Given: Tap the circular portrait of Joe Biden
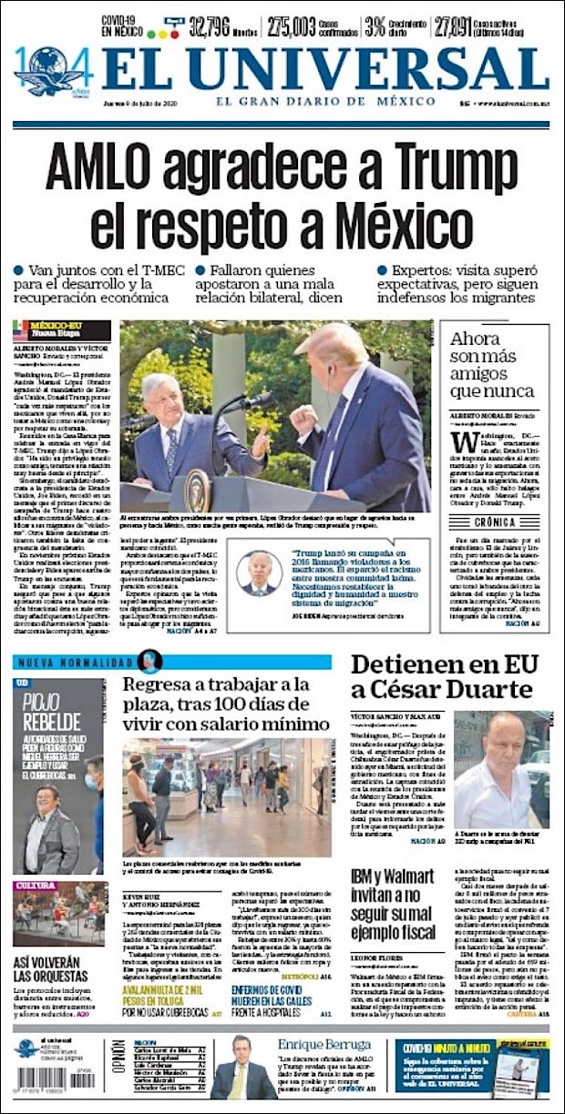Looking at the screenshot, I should (x=259, y=572).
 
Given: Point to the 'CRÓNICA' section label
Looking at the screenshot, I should (x=495, y=523).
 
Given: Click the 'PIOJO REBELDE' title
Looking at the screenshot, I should (x=46, y=710).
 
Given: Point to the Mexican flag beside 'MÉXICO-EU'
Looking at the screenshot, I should (x=21, y=329).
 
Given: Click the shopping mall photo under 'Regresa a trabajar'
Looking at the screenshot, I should (x=227, y=797).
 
